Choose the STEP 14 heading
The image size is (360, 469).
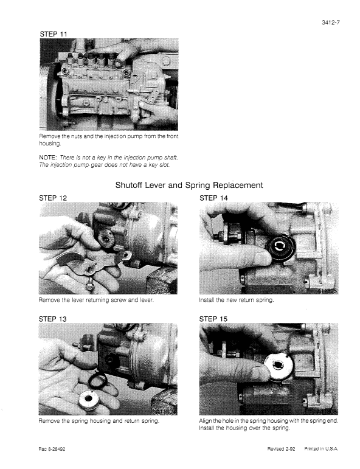pyautogui.click(x=216, y=198)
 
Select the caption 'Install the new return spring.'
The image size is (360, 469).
pyautogui.click(x=238, y=300)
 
